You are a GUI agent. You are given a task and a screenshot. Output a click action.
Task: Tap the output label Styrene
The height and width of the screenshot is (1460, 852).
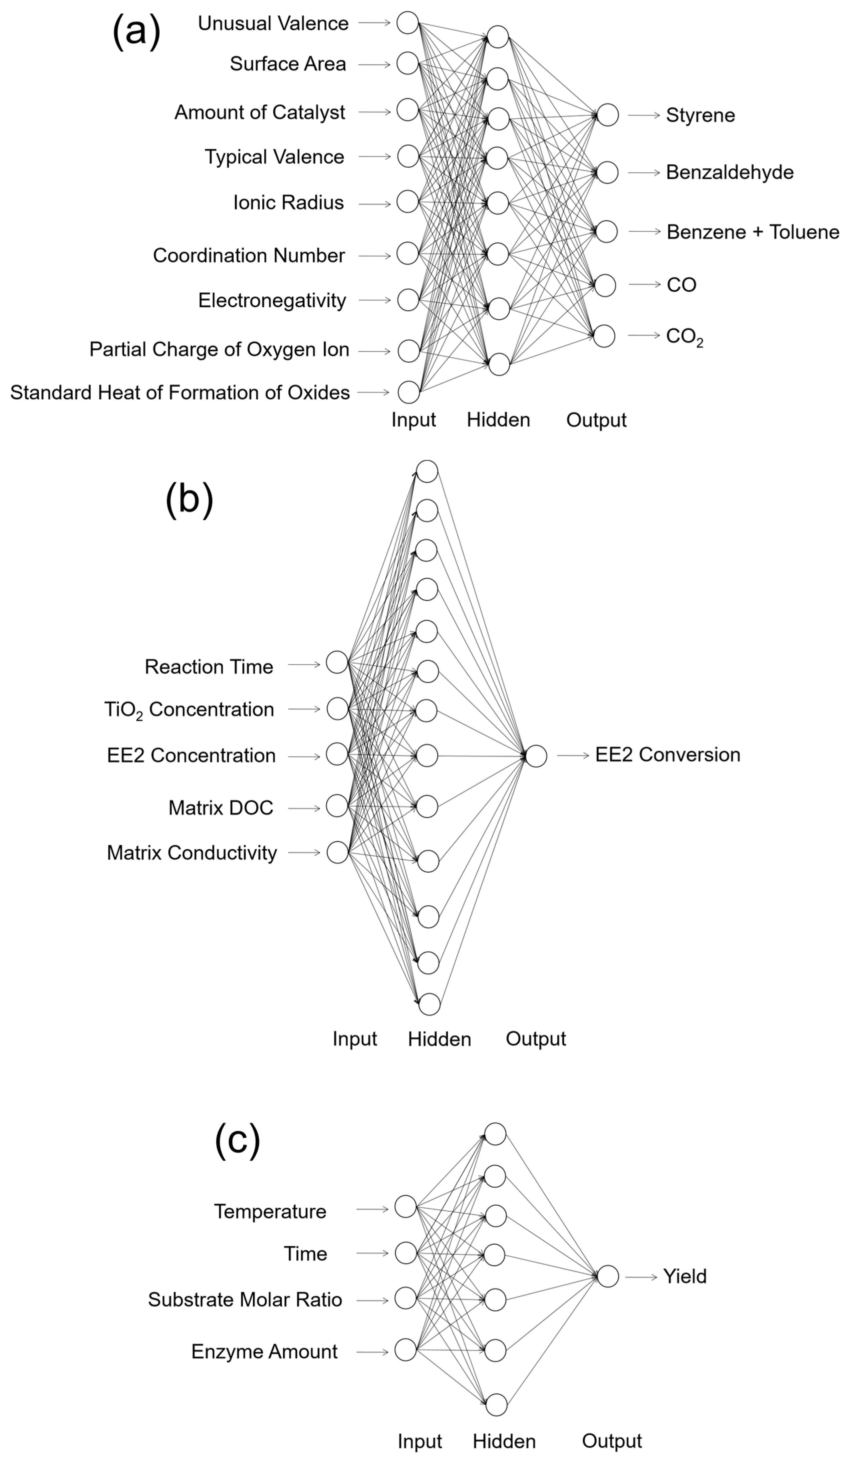(700, 115)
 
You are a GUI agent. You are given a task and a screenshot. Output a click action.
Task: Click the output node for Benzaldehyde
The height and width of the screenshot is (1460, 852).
(607, 173)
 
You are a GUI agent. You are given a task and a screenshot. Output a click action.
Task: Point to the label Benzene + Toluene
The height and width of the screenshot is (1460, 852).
(752, 232)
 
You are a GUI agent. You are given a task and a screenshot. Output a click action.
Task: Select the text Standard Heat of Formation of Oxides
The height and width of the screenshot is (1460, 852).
(180, 393)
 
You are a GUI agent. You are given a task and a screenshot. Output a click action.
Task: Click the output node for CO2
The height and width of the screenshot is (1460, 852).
(604, 336)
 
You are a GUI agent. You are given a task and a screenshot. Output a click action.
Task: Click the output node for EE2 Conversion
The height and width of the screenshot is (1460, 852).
(536, 756)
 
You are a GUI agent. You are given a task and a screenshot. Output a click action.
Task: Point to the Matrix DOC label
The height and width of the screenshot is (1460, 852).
(221, 808)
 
